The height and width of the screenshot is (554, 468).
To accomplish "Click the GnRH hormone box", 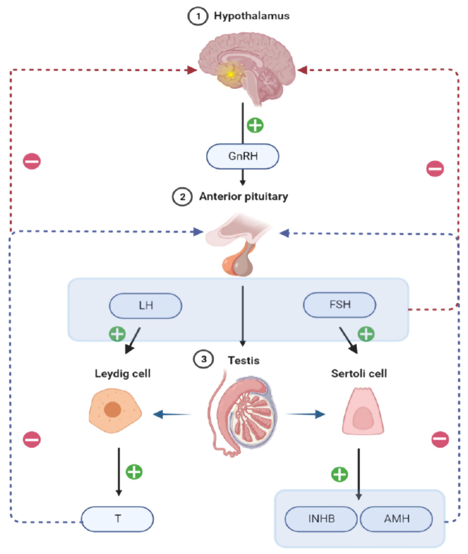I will click(242, 156).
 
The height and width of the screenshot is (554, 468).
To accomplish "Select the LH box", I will click(146, 306).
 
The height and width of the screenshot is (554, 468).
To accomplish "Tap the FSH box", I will click(340, 305).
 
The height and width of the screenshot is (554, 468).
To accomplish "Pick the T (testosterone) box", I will click(117, 519).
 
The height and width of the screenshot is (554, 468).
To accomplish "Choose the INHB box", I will click(321, 519).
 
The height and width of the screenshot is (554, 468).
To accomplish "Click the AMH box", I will click(396, 519).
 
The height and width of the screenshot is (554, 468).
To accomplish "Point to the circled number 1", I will click(198, 16).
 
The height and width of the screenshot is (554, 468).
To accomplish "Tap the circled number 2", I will click(182, 197).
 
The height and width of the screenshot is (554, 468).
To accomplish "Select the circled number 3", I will click(204, 359).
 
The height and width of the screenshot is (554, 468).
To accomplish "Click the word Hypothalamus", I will click(252, 16).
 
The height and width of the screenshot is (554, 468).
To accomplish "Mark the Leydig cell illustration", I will click(115, 410).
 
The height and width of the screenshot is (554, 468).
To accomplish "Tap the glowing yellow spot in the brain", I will click(230, 75).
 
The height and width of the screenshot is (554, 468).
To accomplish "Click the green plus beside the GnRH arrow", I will click(255, 125).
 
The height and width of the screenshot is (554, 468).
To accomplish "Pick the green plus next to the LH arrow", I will click(117, 334).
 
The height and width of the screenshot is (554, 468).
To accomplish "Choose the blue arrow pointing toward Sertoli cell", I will click(305, 414).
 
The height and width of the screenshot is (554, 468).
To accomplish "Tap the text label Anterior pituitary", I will click(244, 197).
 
